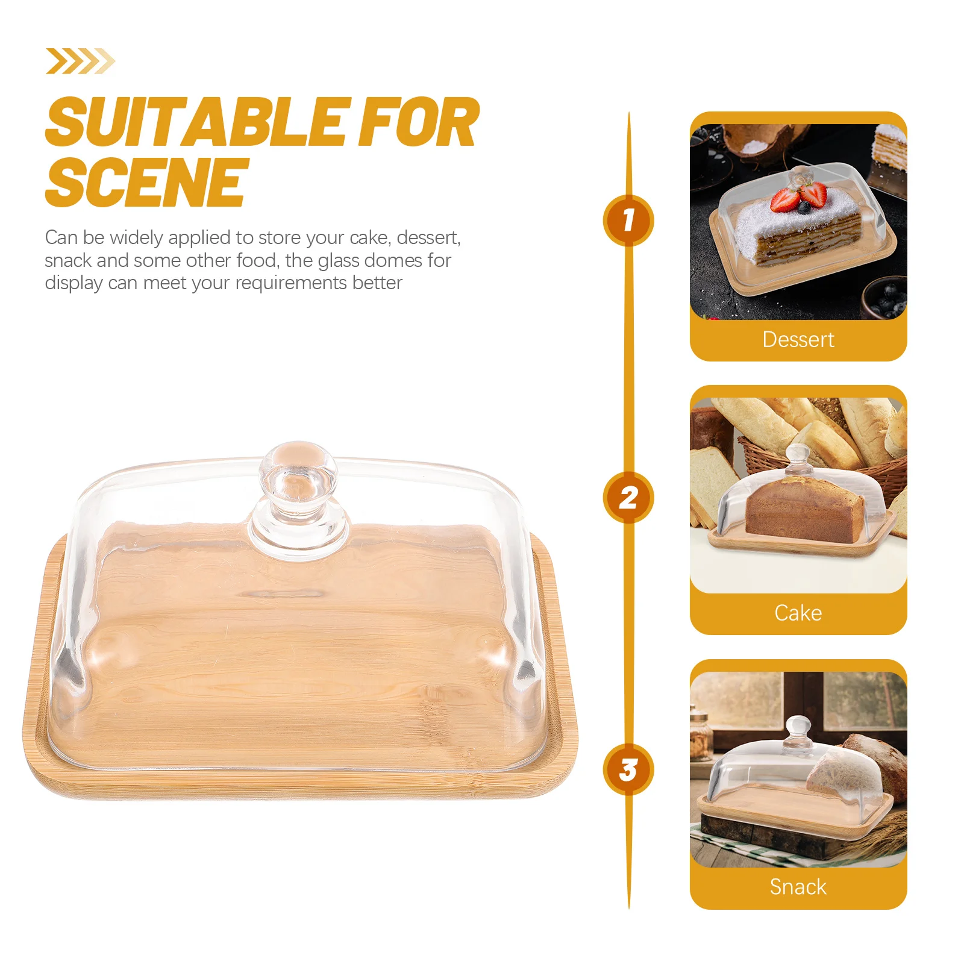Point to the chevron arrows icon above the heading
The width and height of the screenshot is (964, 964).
(x=80, y=61)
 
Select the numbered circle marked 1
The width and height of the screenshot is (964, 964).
(x=628, y=220)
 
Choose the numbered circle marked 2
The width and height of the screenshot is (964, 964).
(x=628, y=498)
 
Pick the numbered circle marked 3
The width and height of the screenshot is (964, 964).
(x=628, y=769)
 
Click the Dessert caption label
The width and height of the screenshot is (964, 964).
(x=798, y=340)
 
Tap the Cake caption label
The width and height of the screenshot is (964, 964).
(x=798, y=613)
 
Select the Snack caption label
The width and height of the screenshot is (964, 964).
(x=798, y=887)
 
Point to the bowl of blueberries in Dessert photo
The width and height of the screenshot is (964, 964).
(x=886, y=298)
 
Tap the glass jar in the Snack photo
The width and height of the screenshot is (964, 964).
(x=700, y=738)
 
